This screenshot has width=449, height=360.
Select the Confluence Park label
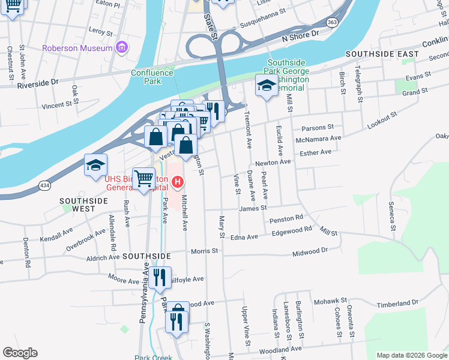coord(152,77)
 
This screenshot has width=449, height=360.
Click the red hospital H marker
coord(178,181)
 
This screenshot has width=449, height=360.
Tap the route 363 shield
coord(331,22)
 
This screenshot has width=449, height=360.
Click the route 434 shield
coord(44,186)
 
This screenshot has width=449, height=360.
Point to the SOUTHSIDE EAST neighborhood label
coord(382,54)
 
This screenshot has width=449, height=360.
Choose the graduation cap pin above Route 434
coord(95,166)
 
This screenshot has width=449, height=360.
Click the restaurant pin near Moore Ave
coord(160,277)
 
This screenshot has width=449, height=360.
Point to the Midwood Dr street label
coord(310,251)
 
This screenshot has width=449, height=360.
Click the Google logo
coord(20,353)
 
